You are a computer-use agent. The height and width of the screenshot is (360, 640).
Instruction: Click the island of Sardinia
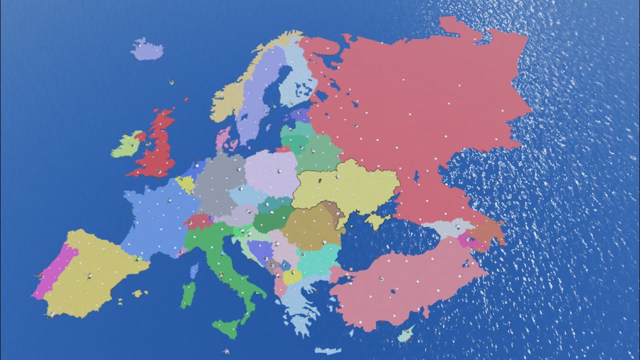187,294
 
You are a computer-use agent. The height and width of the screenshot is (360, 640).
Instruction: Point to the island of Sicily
227,327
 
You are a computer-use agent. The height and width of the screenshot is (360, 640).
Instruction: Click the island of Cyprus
406,333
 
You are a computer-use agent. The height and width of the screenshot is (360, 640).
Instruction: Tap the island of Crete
327,350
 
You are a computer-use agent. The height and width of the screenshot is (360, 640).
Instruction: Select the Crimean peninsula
377,220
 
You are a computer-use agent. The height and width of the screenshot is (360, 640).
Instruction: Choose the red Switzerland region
196,221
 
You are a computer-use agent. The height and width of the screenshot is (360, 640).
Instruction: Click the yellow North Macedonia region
292,276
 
